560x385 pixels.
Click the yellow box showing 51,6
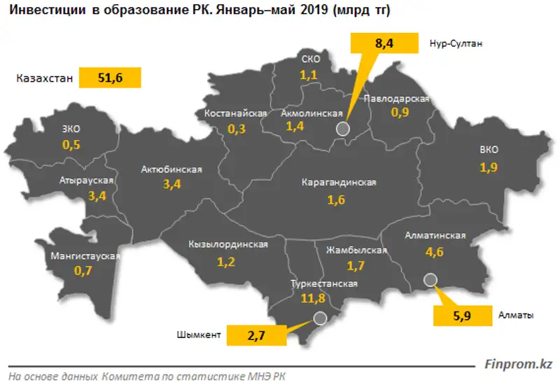pos(110,78)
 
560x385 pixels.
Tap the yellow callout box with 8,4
pos(384,43)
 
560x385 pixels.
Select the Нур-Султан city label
pos(456,43)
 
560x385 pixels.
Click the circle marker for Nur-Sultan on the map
pos(342,128)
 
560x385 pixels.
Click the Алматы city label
pos(517,315)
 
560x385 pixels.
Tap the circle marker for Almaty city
pos(430,281)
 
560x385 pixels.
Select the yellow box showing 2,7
pos(257,335)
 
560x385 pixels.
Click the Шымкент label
pos(199,335)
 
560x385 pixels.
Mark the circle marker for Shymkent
pos(320,318)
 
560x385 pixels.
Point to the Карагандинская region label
pos(339,183)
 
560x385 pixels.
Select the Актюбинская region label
pos(171,169)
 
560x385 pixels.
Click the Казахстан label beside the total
pos(44,78)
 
